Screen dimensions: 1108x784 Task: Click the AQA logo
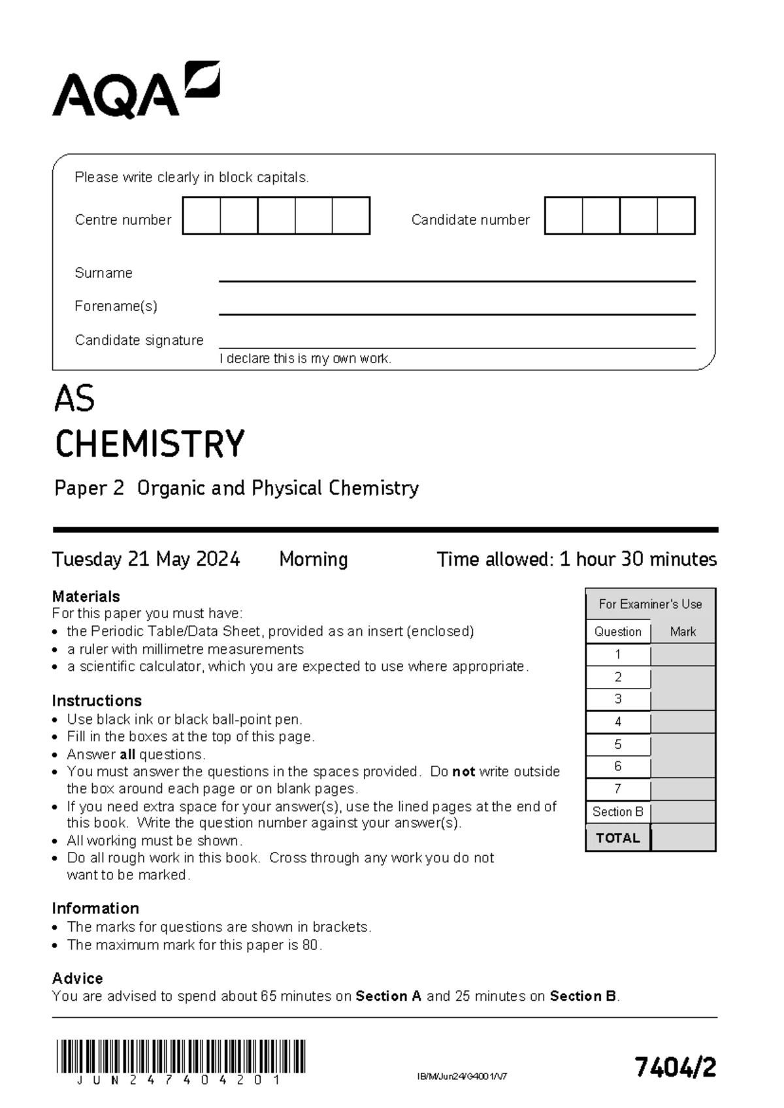click(x=135, y=91)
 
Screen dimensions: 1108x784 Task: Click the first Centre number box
click(x=201, y=216)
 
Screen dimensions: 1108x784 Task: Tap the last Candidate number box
click(x=676, y=216)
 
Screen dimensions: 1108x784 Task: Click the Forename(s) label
click(x=116, y=306)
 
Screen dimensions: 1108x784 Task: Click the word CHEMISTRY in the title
click(x=150, y=444)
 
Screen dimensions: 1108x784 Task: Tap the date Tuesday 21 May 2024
click(x=146, y=559)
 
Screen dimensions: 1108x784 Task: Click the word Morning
click(x=313, y=559)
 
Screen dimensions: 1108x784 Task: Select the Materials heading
click(x=86, y=596)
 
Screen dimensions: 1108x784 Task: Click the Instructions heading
click(x=97, y=701)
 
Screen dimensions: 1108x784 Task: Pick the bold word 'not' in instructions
click(x=463, y=772)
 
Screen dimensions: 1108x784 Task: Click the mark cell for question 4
click(x=683, y=722)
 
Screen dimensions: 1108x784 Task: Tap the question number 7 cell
click(x=618, y=789)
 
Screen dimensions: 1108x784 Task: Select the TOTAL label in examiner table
click(x=617, y=838)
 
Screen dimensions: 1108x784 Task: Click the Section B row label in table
click(x=617, y=812)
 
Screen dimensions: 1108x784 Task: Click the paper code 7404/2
click(x=676, y=1067)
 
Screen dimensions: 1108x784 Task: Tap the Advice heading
click(x=77, y=979)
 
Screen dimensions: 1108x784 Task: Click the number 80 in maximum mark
click(x=310, y=945)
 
